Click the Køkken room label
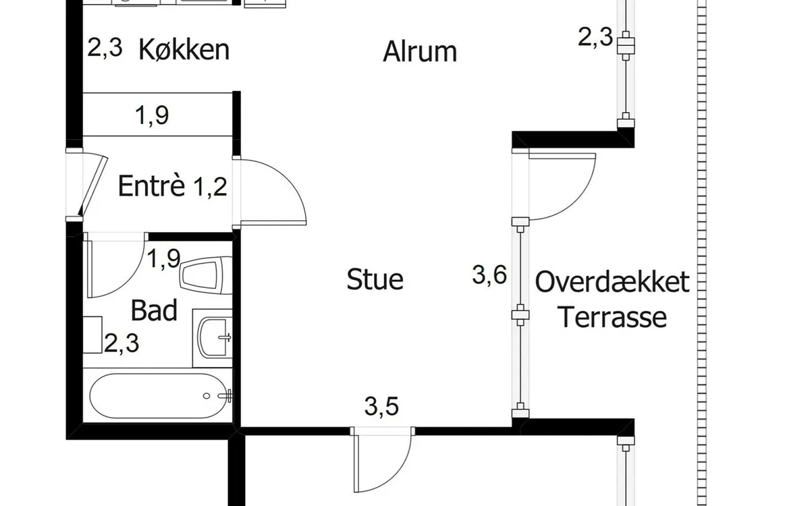tap(184, 49)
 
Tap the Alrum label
tap(420, 51)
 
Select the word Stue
tap(375, 279)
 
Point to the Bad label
tap(154, 310)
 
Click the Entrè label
tap(151, 186)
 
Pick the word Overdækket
tap(612, 282)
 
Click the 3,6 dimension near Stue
tap(489, 275)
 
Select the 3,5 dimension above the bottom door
tap(381, 406)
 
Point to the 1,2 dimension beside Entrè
tap(210, 187)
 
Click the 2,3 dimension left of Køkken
tap(105, 48)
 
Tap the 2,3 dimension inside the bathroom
tap(122, 343)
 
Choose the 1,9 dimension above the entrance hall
tap(152, 115)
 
